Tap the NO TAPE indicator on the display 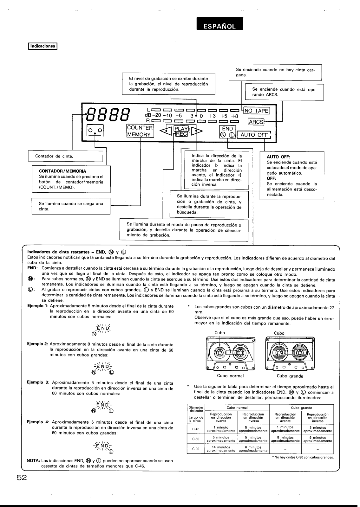click(x=257, y=111)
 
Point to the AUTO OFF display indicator click(x=254, y=135)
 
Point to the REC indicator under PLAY click(x=181, y=134)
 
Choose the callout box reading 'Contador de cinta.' click(x=66, y=156)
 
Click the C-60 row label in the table click(x=195, y=439)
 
